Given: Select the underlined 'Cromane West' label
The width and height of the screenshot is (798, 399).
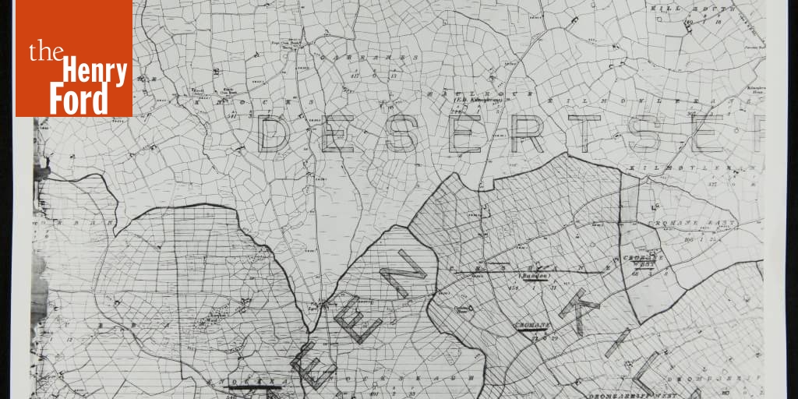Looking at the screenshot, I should tap(644, 261).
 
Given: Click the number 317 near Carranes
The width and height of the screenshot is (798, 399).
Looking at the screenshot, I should tap(355, 75).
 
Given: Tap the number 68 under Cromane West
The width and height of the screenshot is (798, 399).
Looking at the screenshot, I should tap(636, 274).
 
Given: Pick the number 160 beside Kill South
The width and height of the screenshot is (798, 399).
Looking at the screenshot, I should tap(688, 23).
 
